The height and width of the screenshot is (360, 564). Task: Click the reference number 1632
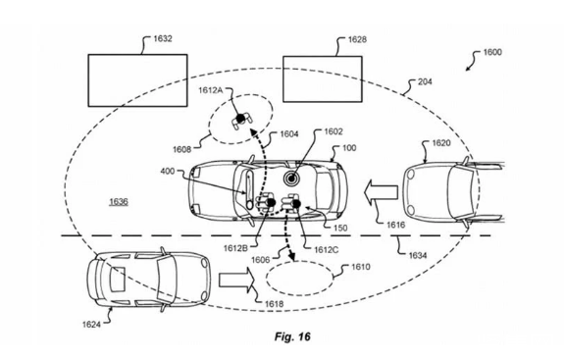(163, 38)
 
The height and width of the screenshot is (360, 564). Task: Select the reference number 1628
(357, 39)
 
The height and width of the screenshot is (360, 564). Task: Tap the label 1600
(492, 52)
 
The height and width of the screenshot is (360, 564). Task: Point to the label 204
(425, 81)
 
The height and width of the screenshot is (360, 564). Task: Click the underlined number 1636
(119, 201)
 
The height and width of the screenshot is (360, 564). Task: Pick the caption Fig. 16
(292, 336)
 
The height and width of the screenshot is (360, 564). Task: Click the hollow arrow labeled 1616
(381, 192)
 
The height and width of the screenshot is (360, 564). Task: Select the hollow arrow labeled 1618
(236, 280)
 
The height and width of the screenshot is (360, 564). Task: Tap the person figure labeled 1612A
(241, 120)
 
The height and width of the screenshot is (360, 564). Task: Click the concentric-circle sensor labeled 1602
(291, 178)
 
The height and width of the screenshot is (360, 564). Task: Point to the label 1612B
(235, 248)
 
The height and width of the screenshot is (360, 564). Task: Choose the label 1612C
(327, 249)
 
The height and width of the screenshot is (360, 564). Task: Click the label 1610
(360, 267)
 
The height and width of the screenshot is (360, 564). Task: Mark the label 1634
(418, 255)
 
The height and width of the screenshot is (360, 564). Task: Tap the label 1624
(91, 325)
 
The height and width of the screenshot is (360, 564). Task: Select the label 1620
(441, 143)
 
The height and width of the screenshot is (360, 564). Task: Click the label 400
(168, 172)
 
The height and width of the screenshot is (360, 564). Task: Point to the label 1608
(182, 149)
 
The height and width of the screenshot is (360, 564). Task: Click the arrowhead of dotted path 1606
(292, 256)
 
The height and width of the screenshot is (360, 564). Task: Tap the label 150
(340, 228)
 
